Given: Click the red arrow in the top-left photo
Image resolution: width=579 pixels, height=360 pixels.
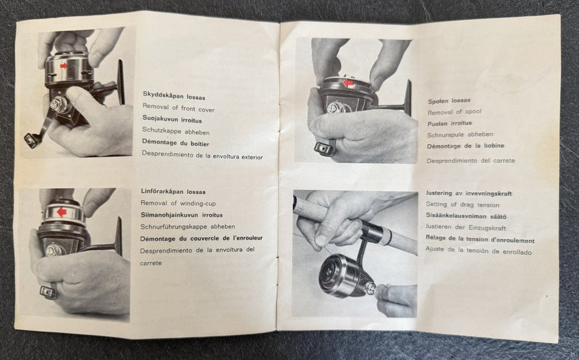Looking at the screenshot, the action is [64, 66].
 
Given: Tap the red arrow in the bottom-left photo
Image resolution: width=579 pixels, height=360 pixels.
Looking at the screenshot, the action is [62, 212].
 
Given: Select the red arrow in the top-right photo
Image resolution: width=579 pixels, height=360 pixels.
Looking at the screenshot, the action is [348, 83].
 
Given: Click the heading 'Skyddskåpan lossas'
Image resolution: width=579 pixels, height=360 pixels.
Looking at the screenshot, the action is [174, 96].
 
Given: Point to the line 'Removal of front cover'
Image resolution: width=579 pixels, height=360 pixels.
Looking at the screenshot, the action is [178, 108].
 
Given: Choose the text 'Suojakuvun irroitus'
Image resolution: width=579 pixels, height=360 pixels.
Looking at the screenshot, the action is [172, 120].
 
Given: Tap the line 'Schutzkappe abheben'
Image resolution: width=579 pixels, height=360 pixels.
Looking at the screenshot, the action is [176, 131].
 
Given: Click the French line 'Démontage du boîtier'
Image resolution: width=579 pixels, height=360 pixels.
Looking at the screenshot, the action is [176, 143].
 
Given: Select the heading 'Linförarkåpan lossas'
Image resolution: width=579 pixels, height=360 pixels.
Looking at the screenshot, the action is [173, 192].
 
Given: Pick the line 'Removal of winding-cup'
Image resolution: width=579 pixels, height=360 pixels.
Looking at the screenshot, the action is [178, 203].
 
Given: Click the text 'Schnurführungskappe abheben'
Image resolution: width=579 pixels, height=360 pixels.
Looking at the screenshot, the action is [188, 226].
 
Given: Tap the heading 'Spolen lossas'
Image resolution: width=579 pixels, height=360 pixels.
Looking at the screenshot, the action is [449, 100].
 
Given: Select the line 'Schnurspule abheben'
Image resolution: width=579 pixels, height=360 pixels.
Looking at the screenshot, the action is [460, 134].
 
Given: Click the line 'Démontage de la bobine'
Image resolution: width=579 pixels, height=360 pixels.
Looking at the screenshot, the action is [465, 146].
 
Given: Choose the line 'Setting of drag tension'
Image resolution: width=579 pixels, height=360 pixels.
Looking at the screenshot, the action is [463, 204].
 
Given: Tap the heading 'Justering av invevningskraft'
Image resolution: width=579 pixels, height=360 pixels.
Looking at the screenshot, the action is [468, 193].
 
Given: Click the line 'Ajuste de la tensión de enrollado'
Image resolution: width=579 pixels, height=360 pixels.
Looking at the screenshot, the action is [478, 251].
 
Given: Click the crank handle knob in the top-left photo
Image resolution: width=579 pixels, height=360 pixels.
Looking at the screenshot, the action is [32, 140].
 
